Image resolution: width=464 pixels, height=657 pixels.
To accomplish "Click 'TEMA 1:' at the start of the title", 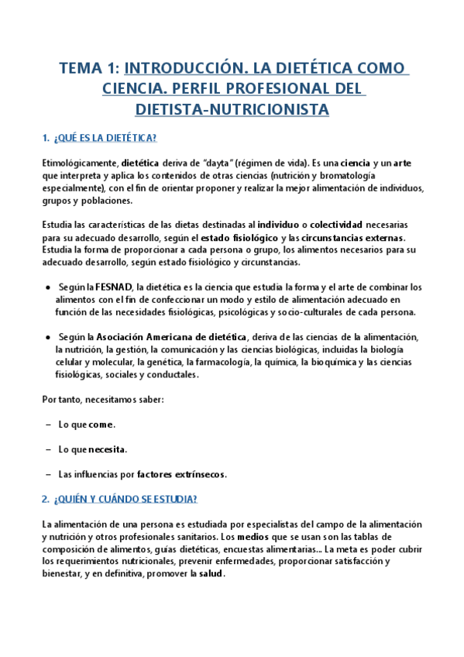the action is point(88,68).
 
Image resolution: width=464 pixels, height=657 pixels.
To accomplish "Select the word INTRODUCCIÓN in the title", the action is point(177,68).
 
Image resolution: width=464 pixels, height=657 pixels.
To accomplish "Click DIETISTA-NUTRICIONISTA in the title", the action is point(232,110).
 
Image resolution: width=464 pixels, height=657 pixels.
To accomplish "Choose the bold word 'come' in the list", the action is point(101,425).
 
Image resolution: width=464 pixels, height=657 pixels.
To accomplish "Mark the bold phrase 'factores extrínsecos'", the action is point(180,474).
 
